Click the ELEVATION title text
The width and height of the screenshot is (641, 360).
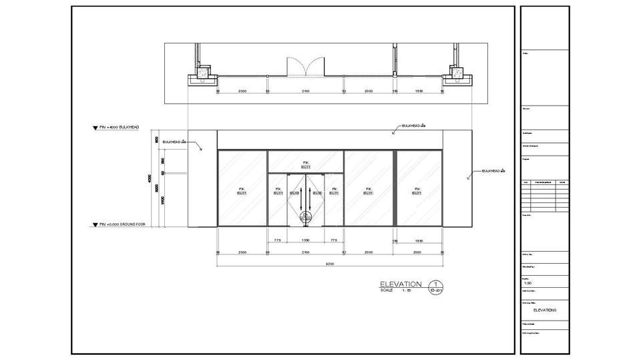(x=401, y=284)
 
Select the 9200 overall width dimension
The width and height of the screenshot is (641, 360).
(x=329, y=264)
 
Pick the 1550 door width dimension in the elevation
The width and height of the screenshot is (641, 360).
(x=305, y=240)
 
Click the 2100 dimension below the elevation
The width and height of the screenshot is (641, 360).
(x=305, y=253)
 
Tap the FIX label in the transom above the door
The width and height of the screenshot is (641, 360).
(x=305, y=162)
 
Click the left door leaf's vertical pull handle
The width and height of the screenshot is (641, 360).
(x=300, y=198)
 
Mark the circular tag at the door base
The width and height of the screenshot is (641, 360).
(x=305, y=217)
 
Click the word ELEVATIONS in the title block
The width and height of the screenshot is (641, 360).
(x=544, y=310)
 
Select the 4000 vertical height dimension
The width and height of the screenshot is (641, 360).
(x=150, y=178)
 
